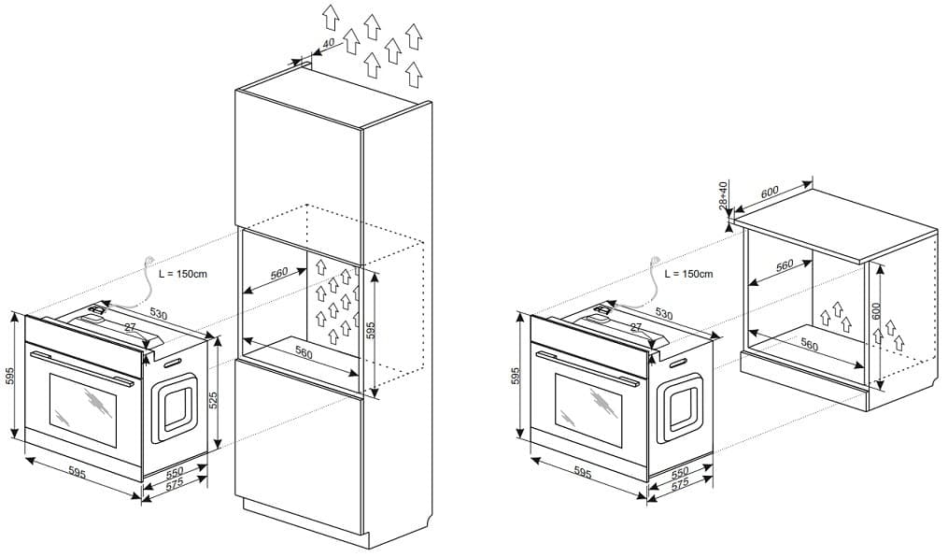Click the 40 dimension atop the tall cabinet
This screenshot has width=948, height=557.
coord(328,45)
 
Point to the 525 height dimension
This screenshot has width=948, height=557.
coord(213,400)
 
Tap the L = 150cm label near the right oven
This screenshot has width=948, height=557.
coord(688,274)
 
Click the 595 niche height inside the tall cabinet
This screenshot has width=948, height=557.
coord(370,329)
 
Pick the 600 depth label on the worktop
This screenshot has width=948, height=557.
coord(770,193)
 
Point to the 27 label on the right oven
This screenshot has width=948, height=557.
coord(636,327)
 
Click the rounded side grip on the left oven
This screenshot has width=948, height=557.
coord(176,407)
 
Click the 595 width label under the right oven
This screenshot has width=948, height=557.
coord(581,474)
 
